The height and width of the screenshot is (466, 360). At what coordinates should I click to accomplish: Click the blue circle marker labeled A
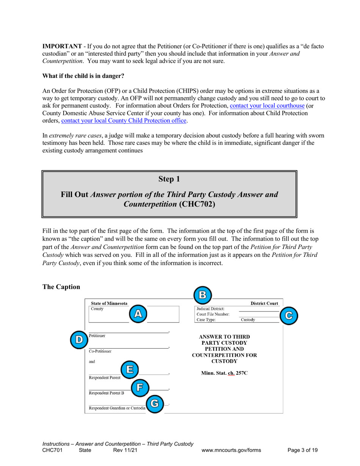pyautogui.click(x=139, y=313)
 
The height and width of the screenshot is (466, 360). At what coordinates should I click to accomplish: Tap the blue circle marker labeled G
pyautogui.click(x=154, y=404)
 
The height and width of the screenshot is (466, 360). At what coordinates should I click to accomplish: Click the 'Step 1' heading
pyautogui.click(x=169, y=179)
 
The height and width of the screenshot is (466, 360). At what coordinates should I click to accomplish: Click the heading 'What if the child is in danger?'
pyautogui.click(x=83, y=76)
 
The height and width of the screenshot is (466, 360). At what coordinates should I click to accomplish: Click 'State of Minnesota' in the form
pyautogui.click(x=109, y=303)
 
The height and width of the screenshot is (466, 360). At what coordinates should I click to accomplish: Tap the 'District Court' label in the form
pyautogui.click(x=264, y=303)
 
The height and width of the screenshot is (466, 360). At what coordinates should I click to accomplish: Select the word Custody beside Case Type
pyautogui.click(x=247, y=320)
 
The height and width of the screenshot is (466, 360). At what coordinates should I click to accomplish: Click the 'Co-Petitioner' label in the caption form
pyautogui.click(x=100, y=351)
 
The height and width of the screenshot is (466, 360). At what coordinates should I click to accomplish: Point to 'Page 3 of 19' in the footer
pyautogui.click(x=302, y=450)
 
